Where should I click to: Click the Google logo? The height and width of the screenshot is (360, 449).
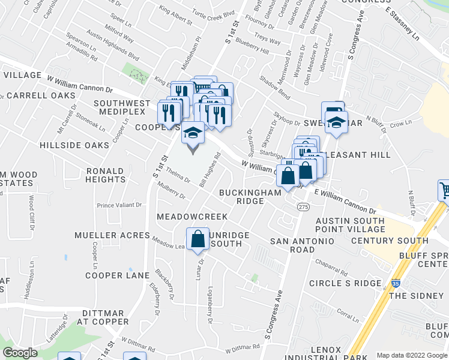(20, 353)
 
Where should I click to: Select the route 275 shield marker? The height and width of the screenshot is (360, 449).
(303, 206)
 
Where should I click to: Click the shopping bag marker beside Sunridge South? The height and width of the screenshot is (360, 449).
(197, 239)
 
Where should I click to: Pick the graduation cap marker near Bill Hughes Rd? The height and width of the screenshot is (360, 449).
(193, 134)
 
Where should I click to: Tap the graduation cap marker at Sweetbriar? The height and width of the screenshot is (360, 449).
(336, 124)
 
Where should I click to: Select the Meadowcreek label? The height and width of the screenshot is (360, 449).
(192, 216)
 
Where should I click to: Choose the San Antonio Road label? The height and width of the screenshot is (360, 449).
(301, 245)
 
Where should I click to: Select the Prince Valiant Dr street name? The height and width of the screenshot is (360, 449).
(119, 205)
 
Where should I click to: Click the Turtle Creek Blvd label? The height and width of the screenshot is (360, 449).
(212, 13)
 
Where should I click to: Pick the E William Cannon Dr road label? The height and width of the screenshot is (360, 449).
(345, 202)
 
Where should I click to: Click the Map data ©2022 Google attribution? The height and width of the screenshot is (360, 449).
(411, 355)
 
